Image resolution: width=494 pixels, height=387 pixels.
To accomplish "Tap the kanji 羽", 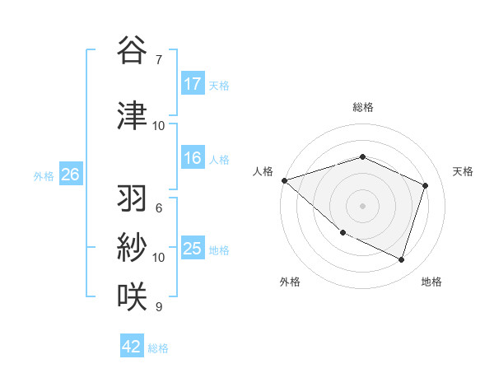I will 132,199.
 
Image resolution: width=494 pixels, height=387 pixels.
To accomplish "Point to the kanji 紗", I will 132,247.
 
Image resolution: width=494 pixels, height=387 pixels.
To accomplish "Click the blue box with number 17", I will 193,84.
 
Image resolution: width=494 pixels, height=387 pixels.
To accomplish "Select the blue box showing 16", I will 193,159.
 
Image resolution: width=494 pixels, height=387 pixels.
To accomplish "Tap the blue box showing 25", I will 193,249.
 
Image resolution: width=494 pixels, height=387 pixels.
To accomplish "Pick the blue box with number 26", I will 70,175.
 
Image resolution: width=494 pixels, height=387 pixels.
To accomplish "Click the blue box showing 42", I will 132,347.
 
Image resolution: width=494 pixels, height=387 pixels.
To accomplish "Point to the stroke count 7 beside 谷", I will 159,59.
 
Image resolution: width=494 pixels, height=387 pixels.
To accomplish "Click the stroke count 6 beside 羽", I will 159,208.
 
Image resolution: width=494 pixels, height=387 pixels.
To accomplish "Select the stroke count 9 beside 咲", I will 159,307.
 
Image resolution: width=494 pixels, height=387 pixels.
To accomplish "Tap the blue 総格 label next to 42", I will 158,348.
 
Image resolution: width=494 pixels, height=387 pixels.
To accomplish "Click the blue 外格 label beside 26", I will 44,176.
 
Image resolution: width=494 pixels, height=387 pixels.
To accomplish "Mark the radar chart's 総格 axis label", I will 363,107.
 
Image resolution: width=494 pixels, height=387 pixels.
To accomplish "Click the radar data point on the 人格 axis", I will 284,180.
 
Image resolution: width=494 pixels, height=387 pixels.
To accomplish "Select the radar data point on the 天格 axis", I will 426,185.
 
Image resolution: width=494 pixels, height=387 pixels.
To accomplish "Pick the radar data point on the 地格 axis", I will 401,259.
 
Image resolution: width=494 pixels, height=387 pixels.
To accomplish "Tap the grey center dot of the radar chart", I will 363,205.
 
